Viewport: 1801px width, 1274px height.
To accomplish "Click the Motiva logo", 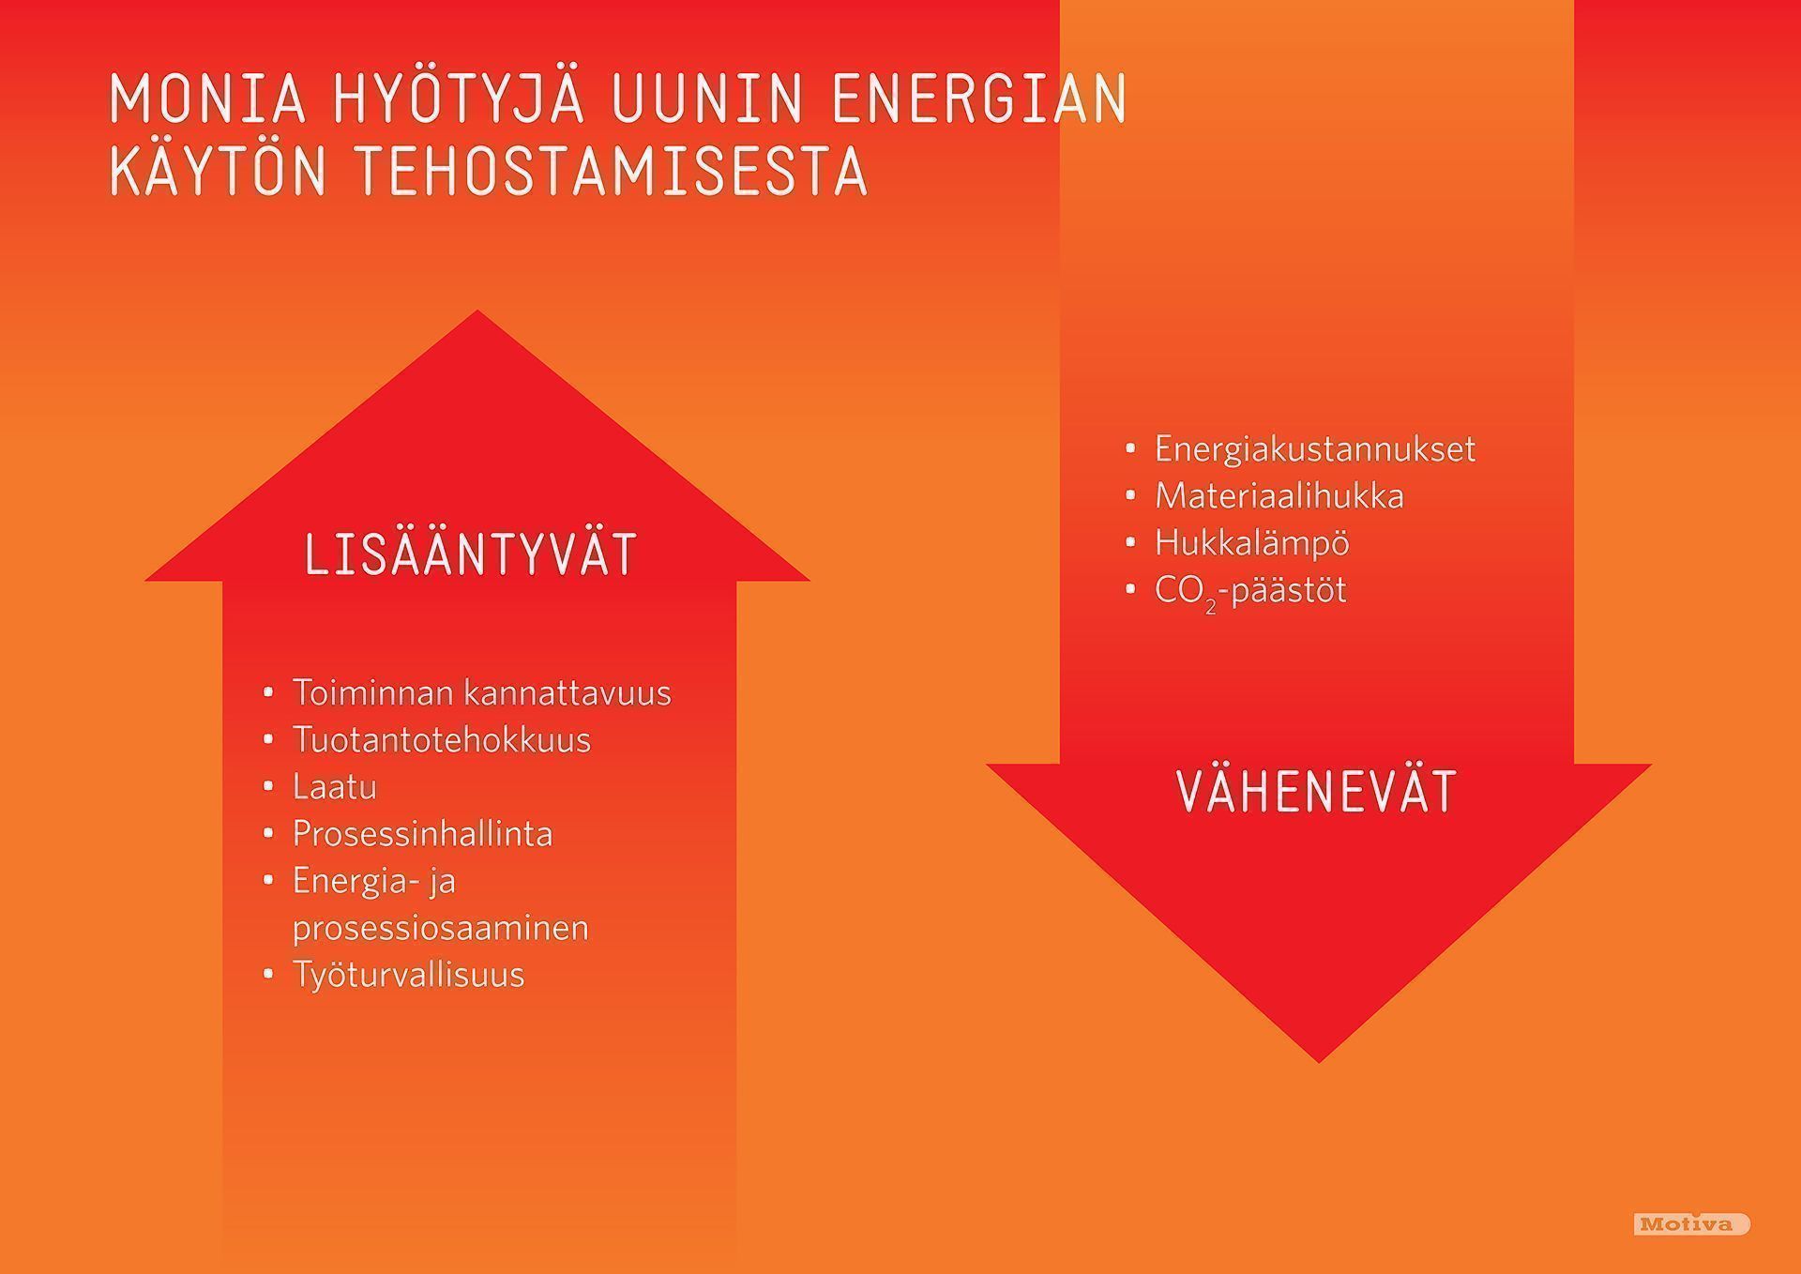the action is click(x=1692, y=1223).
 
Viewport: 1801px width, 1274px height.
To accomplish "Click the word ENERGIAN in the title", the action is click(x=978, y=97).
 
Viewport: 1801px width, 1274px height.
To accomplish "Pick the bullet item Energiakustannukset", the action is click(x=1314, y=449).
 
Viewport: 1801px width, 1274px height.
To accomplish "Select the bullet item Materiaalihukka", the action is click(x=1279, y=495).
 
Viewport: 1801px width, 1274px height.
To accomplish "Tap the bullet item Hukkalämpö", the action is click(x=1251, y=542).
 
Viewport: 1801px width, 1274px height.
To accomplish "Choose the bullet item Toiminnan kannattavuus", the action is click(x=481, y=692).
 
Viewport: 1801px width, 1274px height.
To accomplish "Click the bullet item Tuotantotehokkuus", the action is click(x=441, y=739).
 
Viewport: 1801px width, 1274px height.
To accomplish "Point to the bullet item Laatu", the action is click(x=334, y=786).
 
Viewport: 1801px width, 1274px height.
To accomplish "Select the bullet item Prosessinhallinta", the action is click(x=422, y=834).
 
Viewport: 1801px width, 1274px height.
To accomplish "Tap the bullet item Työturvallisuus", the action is click(x=408, y=975).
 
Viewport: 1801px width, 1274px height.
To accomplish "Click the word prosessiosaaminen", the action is click(x=440, y=929).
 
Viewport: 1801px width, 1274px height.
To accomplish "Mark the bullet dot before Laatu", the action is click(x=268, y=786).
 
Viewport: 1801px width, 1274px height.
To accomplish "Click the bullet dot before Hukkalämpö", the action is click(x=1130, y=542).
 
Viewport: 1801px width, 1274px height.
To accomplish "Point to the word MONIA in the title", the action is click(x=208, y=97).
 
